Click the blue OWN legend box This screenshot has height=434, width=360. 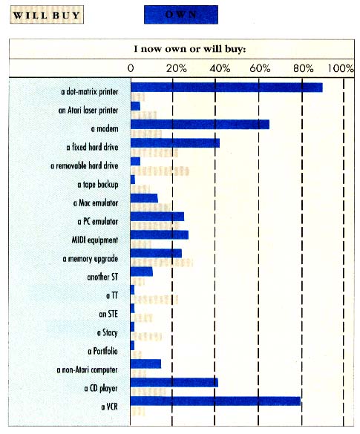(181, 15)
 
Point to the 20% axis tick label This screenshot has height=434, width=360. (175, 68)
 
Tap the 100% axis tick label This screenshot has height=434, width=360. (341, 68)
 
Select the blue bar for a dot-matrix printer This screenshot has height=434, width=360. (226, 88)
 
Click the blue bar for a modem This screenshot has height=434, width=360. (200, 125)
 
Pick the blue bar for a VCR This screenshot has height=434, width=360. (215, 401)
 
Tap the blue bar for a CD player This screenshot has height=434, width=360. (174, 383)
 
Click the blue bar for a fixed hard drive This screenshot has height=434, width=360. (174, 142)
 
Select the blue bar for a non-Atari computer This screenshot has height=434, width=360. (145, 364)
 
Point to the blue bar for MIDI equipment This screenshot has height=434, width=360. (159, 234)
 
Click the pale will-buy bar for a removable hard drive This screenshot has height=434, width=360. (160, 171)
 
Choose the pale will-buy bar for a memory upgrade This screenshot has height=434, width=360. (162, 263)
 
